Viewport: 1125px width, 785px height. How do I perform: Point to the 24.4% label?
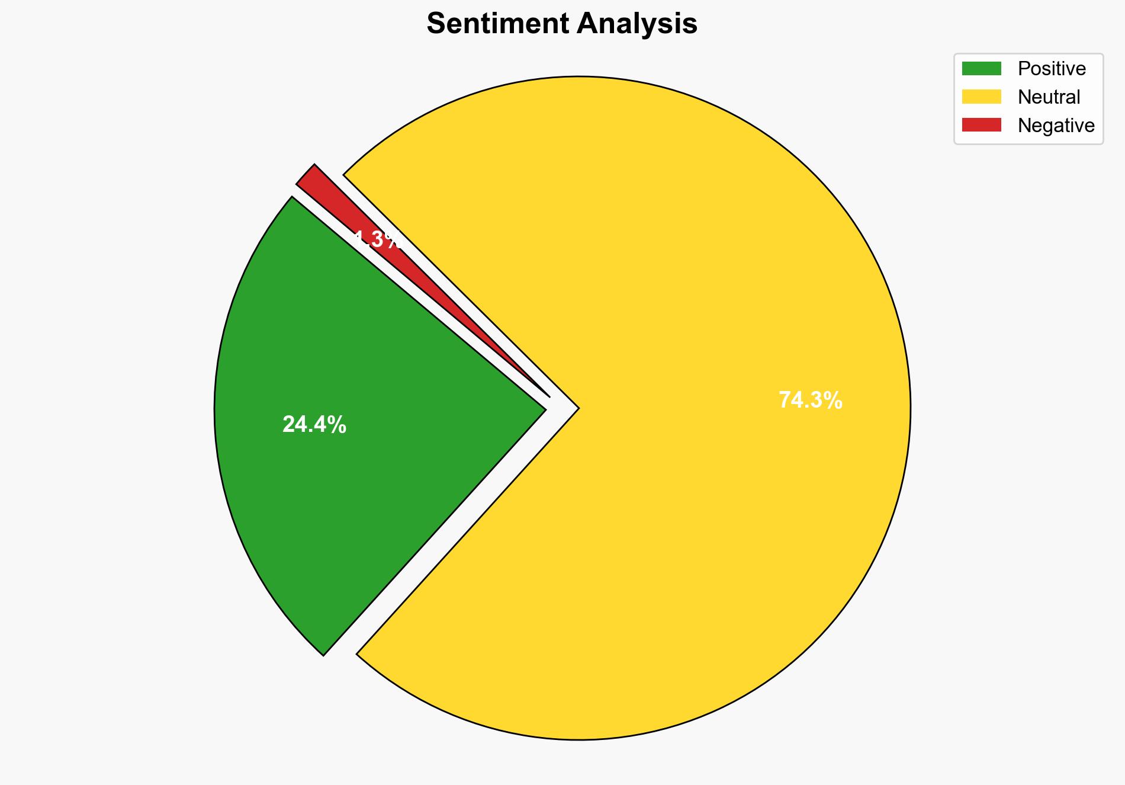(x=314, y=425)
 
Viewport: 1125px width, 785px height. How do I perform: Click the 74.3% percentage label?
(x=810, y=400)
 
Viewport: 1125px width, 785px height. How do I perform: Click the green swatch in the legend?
(x=981, y=69)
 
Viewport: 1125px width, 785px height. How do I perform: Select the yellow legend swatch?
(x=981, y=97)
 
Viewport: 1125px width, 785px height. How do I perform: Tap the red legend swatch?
(x=981, y=125)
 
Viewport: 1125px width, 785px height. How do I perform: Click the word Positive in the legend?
(x=1052, y=69)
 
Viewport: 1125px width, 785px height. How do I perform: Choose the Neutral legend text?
(x=1049, y=97)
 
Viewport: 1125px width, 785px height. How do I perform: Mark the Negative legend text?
(x=1056, y=125)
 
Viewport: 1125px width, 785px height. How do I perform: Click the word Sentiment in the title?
(x=497, y=24)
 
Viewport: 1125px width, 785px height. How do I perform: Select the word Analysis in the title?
(x=638, y=24)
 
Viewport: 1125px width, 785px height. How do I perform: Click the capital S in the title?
(x=436, y=24)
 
